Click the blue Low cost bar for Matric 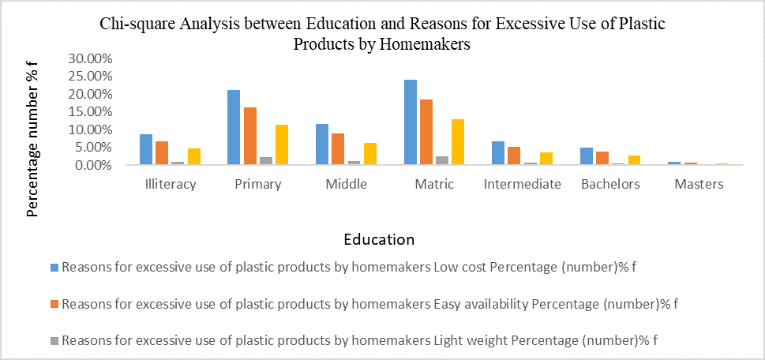click(x=411, y=122)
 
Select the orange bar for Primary click(x=249, y=136)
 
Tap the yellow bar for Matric click(x=458, y=142)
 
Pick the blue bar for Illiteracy click(x=146, y=149)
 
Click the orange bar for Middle click(x=338, y=149)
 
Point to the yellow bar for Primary click(x=282, y=144)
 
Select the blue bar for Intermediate click(x=498, y=153)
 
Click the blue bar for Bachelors click(x=587, y=156)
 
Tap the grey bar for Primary click(x=266, y=161)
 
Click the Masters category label click(x=699, y=184)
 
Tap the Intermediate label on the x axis click(x=523, y=184)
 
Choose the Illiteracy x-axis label click(x=171, y=184)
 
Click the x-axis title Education click(x=379, y=238)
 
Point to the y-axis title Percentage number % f click(x=34, y=141)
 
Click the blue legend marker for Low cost click(x=54, y=267)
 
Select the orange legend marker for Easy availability click(x=54, y=304)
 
